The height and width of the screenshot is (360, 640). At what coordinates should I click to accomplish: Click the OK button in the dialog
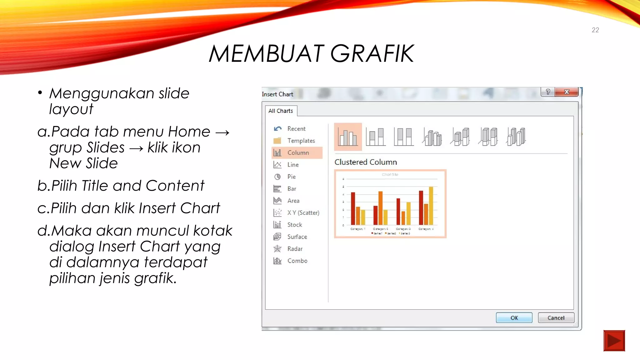514,317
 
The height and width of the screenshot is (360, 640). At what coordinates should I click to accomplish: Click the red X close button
566,92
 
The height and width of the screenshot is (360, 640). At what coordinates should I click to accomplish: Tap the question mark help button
548,92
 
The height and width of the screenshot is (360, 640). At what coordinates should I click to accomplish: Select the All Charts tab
281,111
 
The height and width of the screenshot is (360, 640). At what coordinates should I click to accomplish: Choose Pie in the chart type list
291,177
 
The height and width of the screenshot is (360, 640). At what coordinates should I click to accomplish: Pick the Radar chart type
295,249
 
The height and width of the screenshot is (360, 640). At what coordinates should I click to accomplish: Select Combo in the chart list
297,261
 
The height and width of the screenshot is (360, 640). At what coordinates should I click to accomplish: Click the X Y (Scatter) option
303,213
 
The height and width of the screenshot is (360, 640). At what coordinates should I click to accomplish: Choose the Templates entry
301,141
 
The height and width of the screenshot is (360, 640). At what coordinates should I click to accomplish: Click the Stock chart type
294,225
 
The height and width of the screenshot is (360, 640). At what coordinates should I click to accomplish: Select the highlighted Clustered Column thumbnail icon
348,137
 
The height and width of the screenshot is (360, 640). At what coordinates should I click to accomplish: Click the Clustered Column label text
366,162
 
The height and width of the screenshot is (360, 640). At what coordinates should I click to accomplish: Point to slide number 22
595,30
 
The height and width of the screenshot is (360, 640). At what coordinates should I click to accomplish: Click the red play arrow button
614,341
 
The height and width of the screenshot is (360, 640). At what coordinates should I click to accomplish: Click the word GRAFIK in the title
372,54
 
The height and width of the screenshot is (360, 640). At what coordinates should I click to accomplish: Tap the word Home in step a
189,132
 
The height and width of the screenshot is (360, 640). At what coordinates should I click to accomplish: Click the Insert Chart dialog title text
277,94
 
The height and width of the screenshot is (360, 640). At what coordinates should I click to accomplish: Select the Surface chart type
297,237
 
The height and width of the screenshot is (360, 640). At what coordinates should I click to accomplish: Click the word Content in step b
175,186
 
